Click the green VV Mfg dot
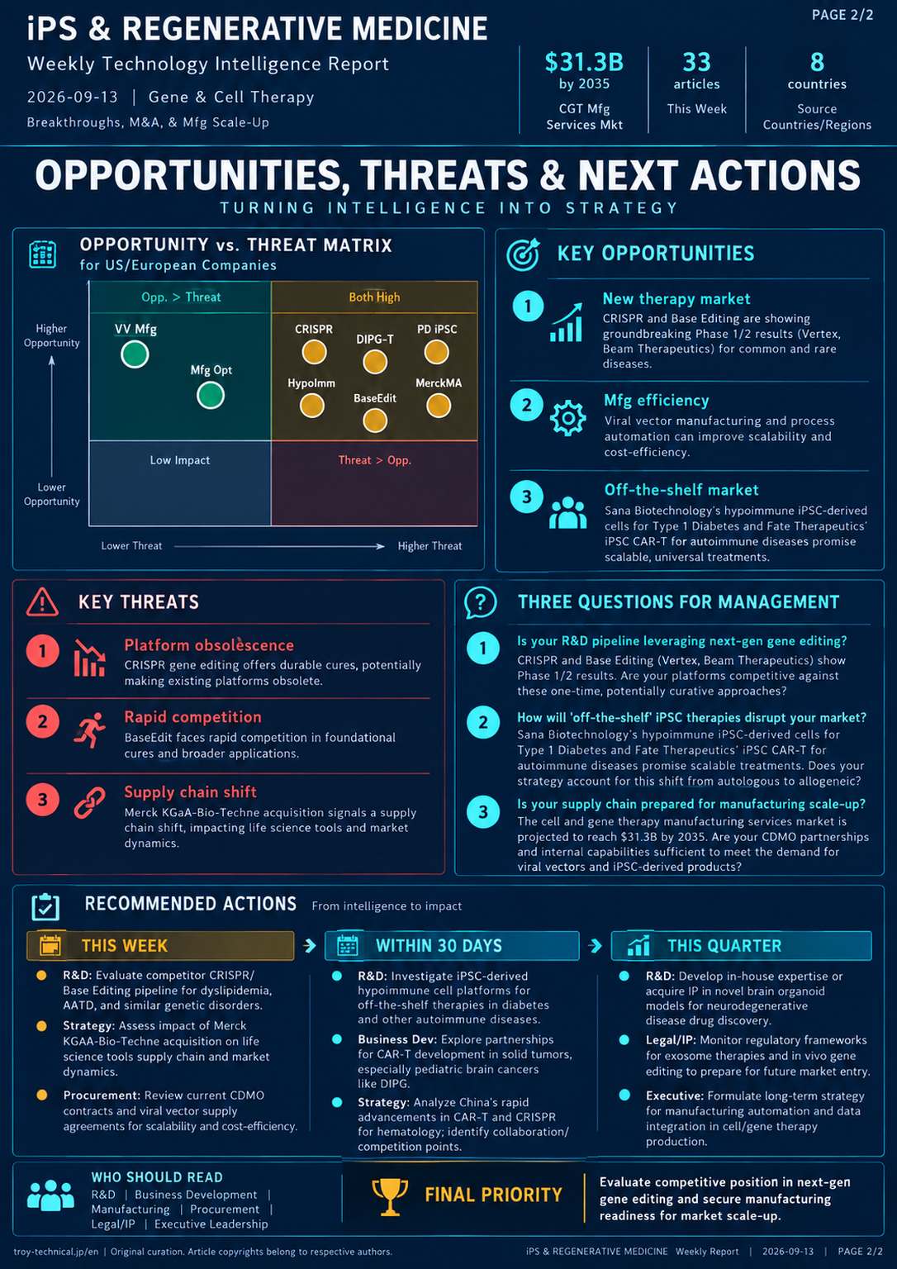tap(135, 354)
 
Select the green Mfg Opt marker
tap(211, 395)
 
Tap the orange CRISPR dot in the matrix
tap(315, 352)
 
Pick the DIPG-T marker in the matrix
tap(375, 362)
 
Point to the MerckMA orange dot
tap(439, 406)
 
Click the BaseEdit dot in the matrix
tap(375, 421)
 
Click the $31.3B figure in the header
tap(584, 62)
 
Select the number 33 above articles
tap(696, 62)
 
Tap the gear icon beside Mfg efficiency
tap(568, 418)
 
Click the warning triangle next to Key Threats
tap(42, 601)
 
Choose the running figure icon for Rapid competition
tap(89, 730)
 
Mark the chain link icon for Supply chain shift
tap(89, 803)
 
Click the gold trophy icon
tap(390, 1197)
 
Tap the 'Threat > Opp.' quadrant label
tap(375, 460)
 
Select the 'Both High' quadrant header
tap(374, 297)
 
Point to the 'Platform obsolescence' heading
tap(209, 645)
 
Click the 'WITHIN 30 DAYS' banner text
tap(439, 945)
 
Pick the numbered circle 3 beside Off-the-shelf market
tap(527, 497)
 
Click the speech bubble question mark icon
tap(481, 602)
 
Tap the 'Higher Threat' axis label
tap(430, 546)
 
